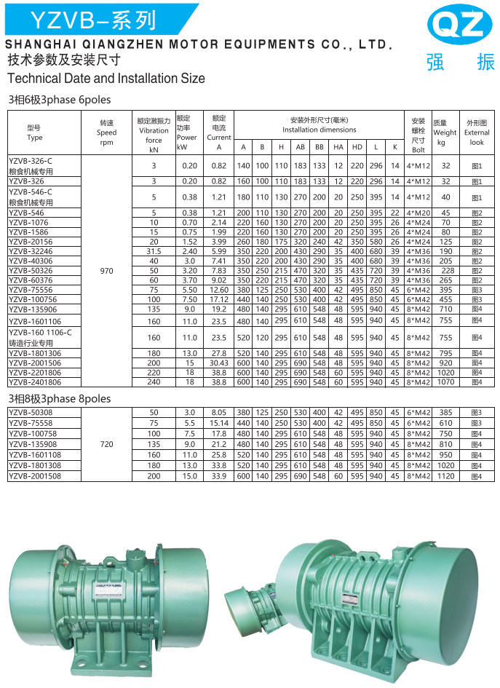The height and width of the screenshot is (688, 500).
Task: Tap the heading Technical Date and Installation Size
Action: point(106,78)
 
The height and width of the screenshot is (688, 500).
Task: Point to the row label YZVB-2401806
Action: point(35,382)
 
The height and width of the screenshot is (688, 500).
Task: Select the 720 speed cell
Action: point(106,443)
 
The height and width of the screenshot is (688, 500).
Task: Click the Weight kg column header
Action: point(444,133)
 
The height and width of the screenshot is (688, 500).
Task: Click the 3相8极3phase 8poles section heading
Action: point(60,399)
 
